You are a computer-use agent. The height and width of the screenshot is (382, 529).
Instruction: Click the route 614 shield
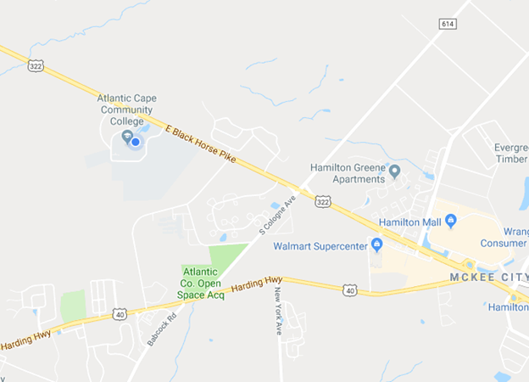[x=447, y=24]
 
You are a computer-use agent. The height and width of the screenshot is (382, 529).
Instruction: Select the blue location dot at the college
[x=135, y=142]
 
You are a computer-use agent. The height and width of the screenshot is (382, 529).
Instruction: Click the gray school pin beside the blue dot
[x=126, y=135]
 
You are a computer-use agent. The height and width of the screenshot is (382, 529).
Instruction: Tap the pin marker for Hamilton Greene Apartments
[x=394, y=171]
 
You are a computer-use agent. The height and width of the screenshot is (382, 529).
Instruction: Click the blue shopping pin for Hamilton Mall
[x=450, y=221]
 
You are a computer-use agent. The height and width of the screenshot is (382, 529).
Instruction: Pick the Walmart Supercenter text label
[x=320, y=247]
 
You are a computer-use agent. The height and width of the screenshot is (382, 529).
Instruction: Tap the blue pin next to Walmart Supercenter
[x=377, y=245]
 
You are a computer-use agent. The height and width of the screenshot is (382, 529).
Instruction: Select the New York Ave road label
[x=278, y=312]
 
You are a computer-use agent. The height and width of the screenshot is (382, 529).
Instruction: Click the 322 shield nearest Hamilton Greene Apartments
[x=322, y=201]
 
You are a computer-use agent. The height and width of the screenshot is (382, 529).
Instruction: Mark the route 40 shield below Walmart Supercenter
[x=348, y=290]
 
